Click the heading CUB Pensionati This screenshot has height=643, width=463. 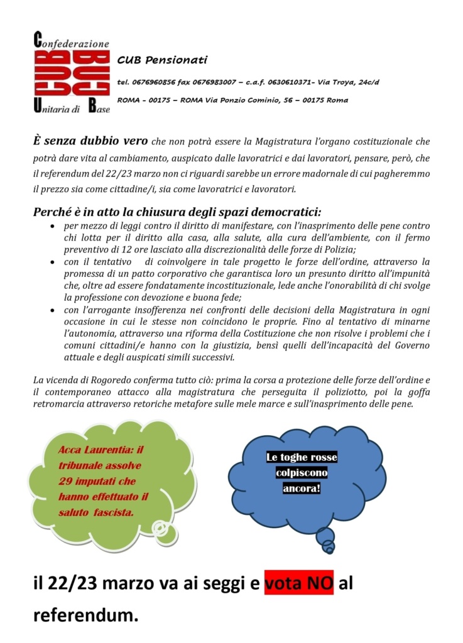(x=162, y=60)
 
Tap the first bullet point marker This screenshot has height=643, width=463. (x=53, y=225)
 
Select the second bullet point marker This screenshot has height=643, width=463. (x=53, y=261)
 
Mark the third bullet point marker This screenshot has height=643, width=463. (x=53, y=310)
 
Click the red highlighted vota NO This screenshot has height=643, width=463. (x=298, y=584)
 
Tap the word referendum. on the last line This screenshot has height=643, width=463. (x=85, y=615)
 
